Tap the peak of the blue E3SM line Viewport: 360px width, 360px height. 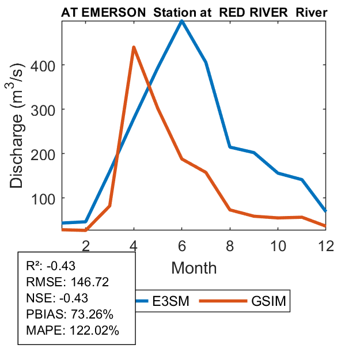click(x=182, y=21)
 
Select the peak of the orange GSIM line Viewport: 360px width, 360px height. click(x=134, y=47)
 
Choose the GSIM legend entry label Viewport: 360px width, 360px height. click(x=268, y=301)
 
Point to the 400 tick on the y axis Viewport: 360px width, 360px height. click(x=44, y=65)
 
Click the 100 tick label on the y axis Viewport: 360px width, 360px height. click(x=44, y=198)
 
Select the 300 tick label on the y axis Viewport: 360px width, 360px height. click(x=44, y=109)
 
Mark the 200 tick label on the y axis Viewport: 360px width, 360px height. click(x=44, y=154)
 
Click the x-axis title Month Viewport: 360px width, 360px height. click(x=194, y=267)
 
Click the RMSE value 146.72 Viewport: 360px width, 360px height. click(x=89, y=282)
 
